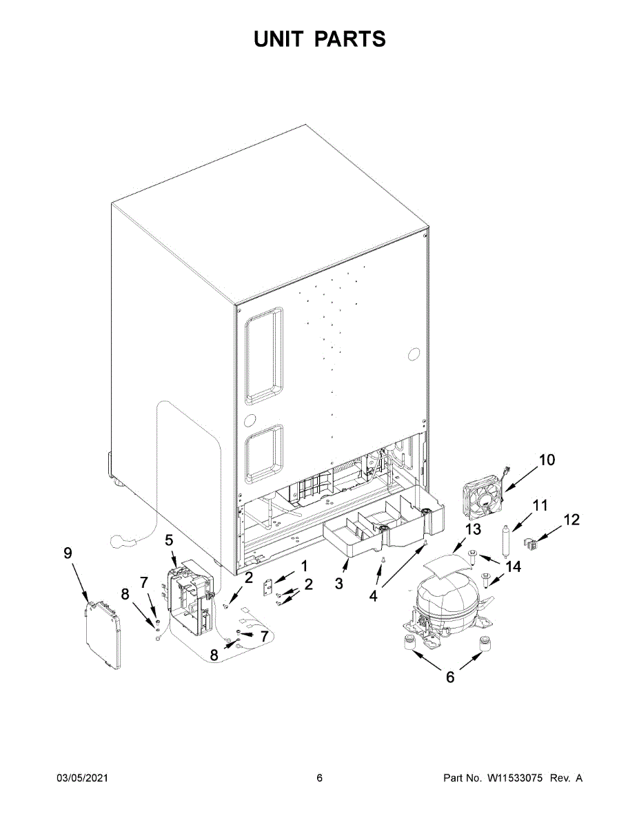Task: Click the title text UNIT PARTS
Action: coord(319,39)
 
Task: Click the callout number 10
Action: coord(546,460)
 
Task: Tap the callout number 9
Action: coord(68,553)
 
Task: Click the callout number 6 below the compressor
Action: coord(450,677)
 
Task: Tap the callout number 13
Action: coord(472,529)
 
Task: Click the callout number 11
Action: coord(540,506)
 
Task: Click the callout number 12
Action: coord(571,520)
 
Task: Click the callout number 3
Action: coord(339,583)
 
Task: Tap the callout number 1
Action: coord(304,566)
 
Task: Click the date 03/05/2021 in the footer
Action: coord(82,778)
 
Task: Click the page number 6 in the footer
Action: coord(319,778)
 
